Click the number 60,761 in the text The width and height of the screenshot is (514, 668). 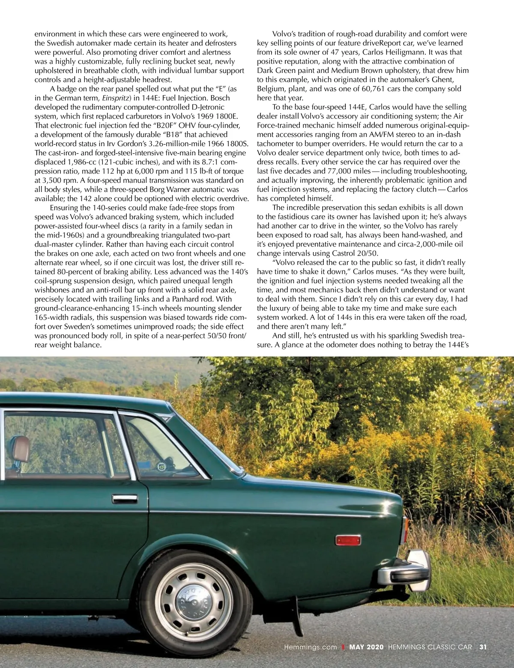pos(395,89)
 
